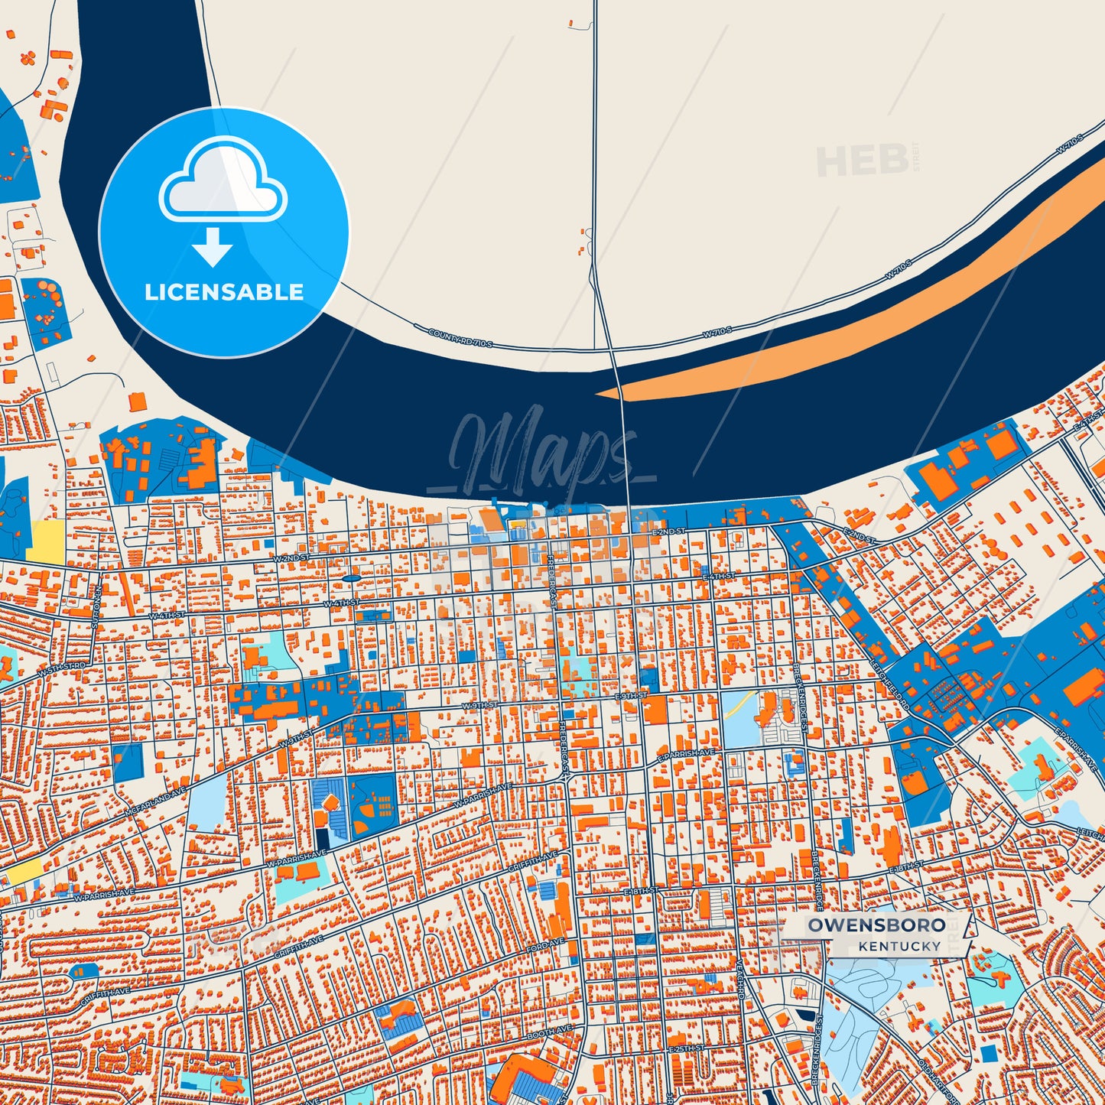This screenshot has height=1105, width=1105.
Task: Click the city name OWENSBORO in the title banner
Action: click(x=876, y=925)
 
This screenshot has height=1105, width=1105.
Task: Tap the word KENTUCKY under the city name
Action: click(x=899, y=947)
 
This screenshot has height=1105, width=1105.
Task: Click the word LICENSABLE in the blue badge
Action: click(x=224, y=292)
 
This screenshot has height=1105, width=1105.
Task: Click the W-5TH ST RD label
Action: click(x=62, y=669)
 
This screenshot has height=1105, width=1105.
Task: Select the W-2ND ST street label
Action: click(x=291, y=558)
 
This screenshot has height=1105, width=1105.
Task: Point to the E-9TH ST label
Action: click(x=631, y=697)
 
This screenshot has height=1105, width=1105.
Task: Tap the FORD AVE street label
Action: click(x=545, y=945)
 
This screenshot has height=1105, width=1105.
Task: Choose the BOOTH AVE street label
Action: click(x=549, y=1032)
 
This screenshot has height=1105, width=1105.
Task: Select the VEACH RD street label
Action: click(x=739, y=980)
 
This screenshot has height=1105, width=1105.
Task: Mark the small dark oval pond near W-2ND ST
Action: click(x=350, y=578)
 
